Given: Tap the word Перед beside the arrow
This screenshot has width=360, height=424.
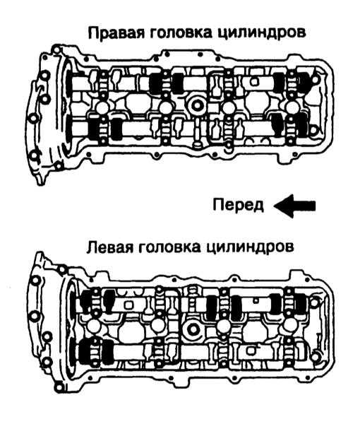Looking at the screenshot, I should (239, 206).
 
